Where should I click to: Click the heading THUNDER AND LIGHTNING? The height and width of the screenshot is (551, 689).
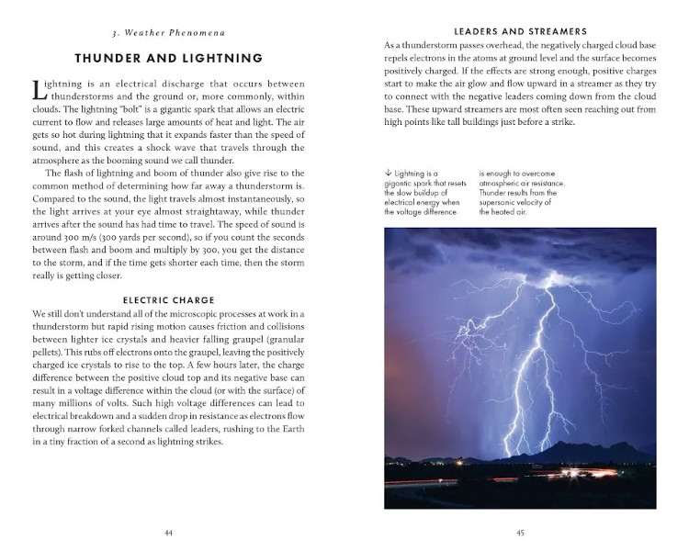pyautogui.click(x=168, y=58)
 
